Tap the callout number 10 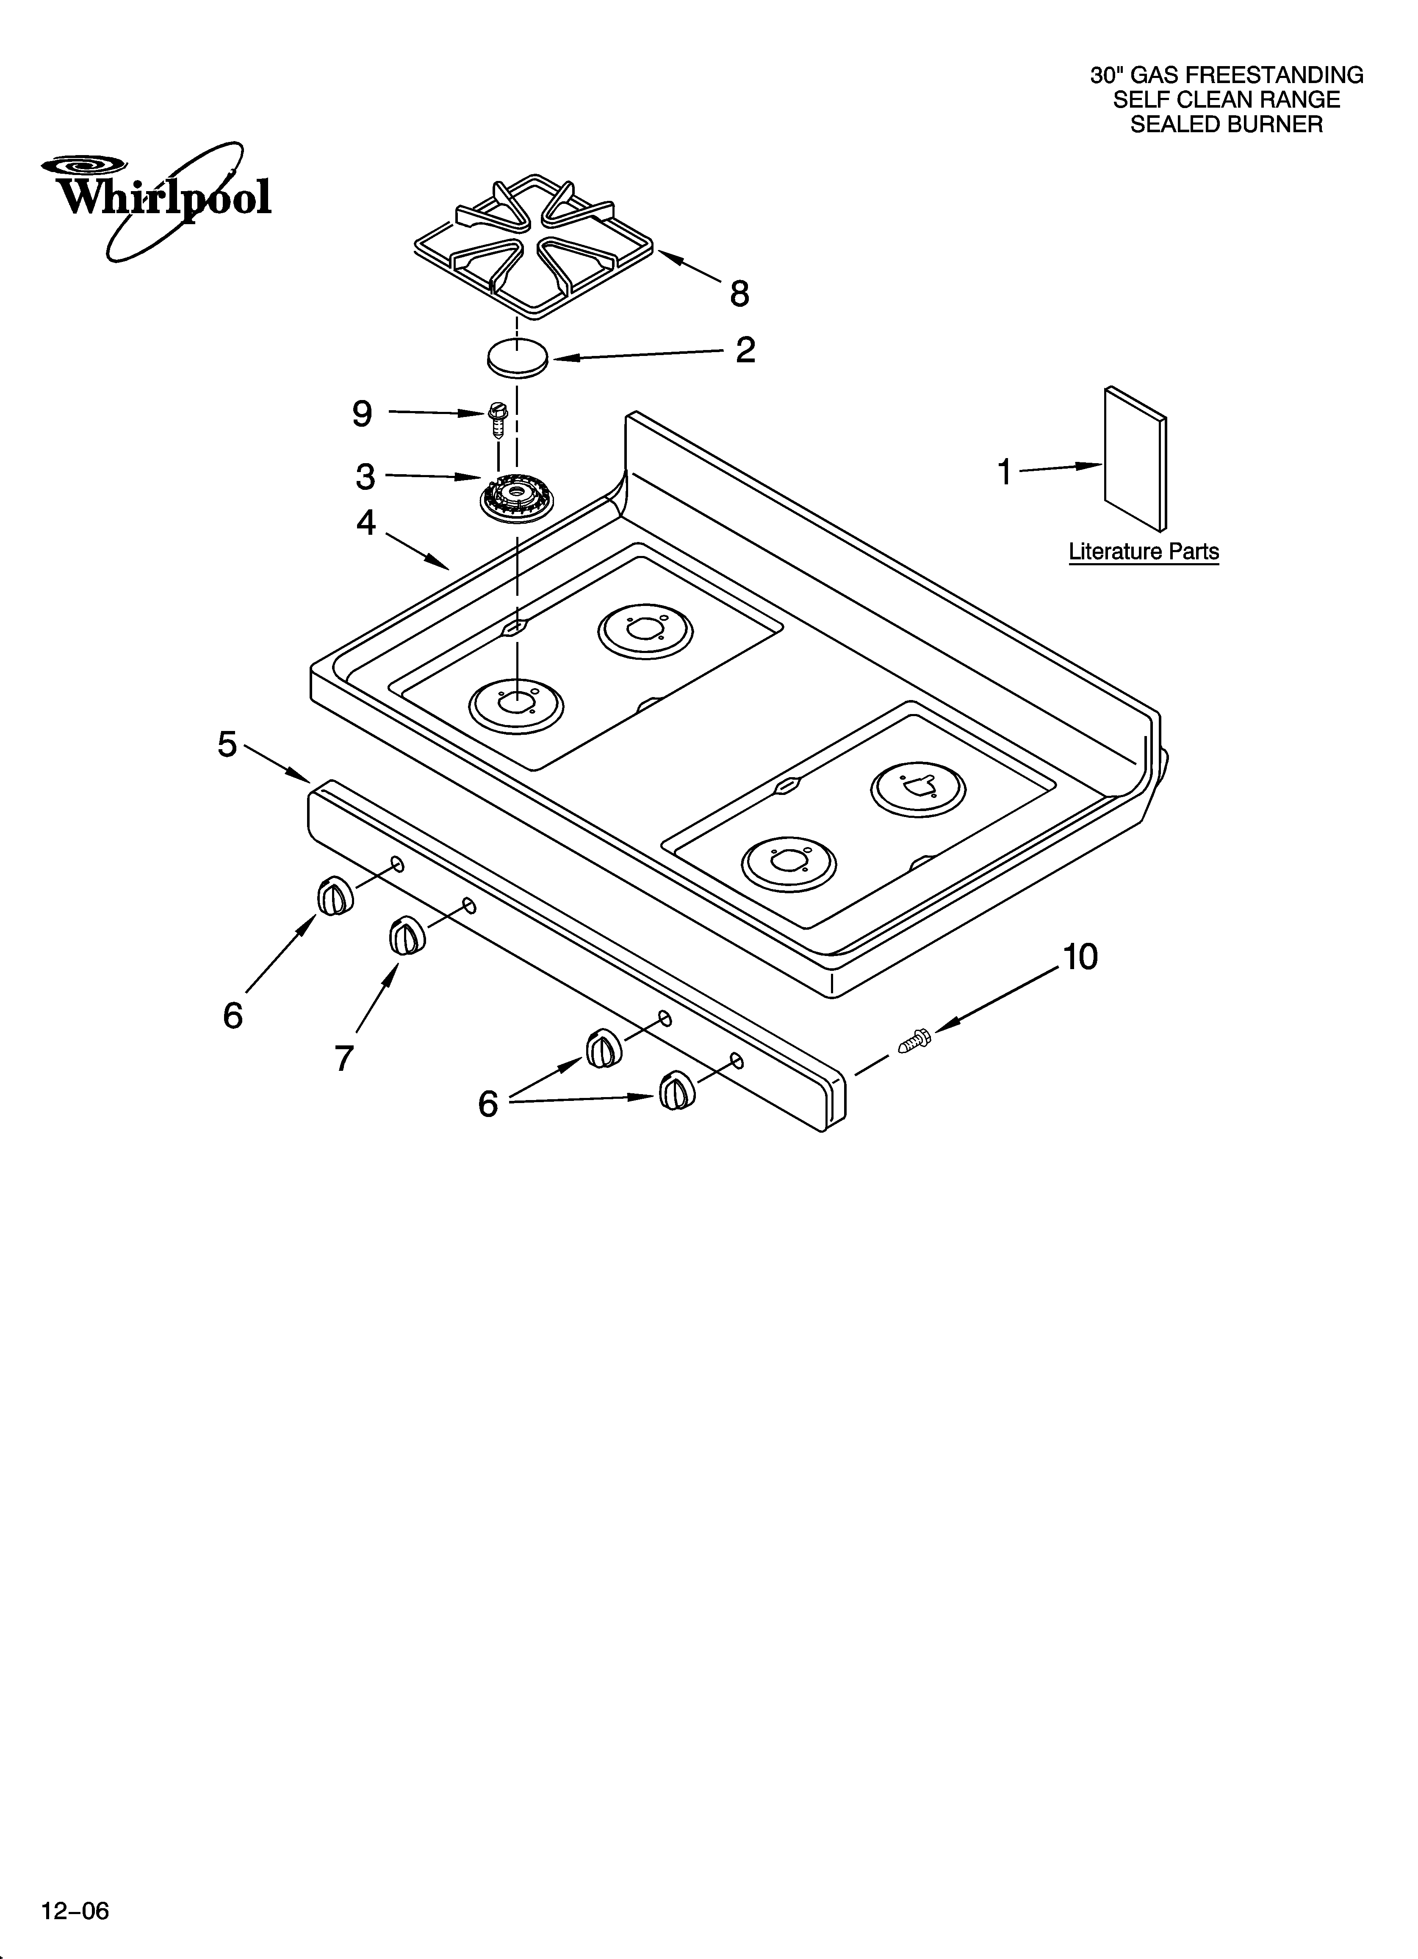1080,957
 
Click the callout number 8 739,294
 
